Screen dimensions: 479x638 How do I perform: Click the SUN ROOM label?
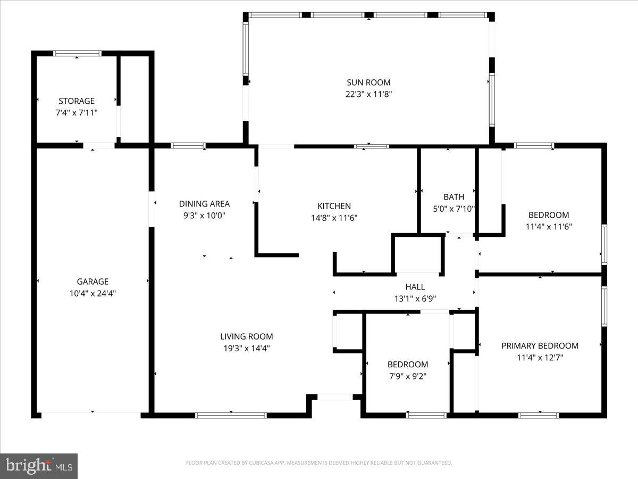coord(368,82)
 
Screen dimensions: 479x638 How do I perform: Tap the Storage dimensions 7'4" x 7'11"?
coord(77,112)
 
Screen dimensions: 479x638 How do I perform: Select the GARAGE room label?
coord(93,282)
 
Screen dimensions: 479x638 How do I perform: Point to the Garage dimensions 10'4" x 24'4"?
coord(93,293)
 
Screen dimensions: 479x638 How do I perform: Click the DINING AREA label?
coord(204,204)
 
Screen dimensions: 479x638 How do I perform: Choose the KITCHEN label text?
coord(334,206)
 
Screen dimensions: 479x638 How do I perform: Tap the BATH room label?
coord(454,197)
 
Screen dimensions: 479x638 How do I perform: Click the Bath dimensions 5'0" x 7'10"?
coord(454,209)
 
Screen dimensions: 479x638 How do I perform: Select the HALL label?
coord(415,287)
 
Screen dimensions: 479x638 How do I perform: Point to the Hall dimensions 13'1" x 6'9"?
coord(415,299)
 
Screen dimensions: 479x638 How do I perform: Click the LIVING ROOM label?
coord(247,336)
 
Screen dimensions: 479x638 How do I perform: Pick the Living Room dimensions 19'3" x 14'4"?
coord(247,348)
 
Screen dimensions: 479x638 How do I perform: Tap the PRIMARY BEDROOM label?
coord(540,346)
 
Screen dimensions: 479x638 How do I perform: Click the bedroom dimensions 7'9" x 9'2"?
coord(407,376)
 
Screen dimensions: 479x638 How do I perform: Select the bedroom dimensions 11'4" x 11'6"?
coord(548,227)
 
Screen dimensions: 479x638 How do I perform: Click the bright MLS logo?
coord(39,466)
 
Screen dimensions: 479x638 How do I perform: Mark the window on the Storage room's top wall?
coord(78,53)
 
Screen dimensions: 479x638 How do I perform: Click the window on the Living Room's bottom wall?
coord(231,415)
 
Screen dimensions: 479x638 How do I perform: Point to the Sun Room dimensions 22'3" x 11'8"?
coord(368,94)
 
